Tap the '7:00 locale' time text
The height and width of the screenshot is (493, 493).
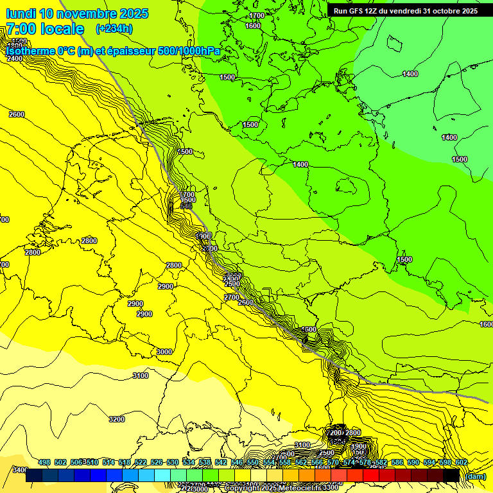coord(45,29)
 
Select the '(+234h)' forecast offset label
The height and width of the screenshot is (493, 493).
coord(114,29)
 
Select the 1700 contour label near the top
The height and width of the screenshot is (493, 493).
coord(257,15)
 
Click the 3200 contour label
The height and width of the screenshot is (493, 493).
coord(116,419)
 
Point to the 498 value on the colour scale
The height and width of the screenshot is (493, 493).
coord(44,463)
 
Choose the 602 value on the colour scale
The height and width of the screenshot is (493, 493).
coord(462,463)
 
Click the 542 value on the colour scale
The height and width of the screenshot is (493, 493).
coord(221,463)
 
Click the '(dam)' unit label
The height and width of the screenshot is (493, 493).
coord(476,476)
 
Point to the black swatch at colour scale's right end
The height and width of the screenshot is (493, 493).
coord(451,476)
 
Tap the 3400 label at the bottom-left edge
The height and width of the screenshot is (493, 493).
coord(19,470)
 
